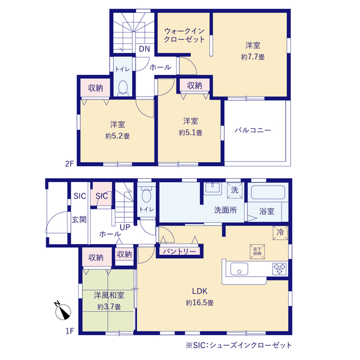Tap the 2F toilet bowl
[123, 88]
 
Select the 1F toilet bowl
[146, 194]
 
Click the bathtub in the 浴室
[268, 192]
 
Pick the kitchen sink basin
[239, 269]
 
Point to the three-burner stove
[280, 269]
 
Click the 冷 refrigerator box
[280, 233]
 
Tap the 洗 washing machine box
[235, 190]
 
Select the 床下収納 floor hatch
[258, 251]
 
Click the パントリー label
[179, 251]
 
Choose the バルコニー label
[253, 130]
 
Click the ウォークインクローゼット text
[184, 35]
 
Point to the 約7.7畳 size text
[253, 57]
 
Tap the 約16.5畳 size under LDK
[200, 303]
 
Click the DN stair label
[145, 49]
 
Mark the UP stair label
[125, 227]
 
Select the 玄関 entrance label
[79, 219]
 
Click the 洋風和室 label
[109, 295]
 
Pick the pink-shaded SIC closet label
[101, 196]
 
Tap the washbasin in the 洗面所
[213, 188]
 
